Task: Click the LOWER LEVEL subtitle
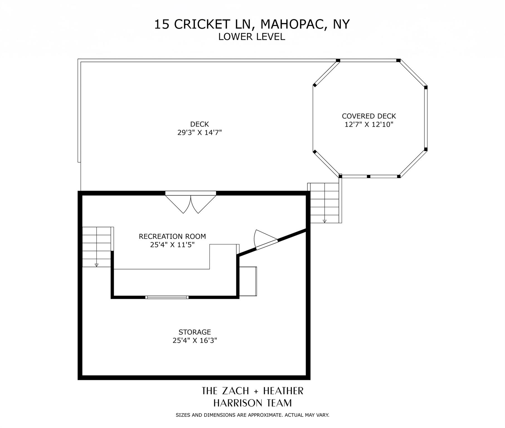(x=252, y=37)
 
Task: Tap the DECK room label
(x=200, y=124)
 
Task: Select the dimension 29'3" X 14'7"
(x=200, y=132)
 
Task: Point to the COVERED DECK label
(x=369, y=116)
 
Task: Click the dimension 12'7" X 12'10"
(x=369, y=124)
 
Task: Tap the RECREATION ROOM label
(x=172, y=236)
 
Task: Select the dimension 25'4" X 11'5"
(x=172, y=245)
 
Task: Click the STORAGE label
(x=195, y=332)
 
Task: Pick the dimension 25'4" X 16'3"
(x=195, y=340)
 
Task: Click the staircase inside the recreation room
(x=97, y=247)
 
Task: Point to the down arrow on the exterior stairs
(x=324, y=221)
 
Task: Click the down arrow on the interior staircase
(x=96, y=264)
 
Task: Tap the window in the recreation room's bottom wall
(x=167, y=297)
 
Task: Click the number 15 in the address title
(x=162, y=24)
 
